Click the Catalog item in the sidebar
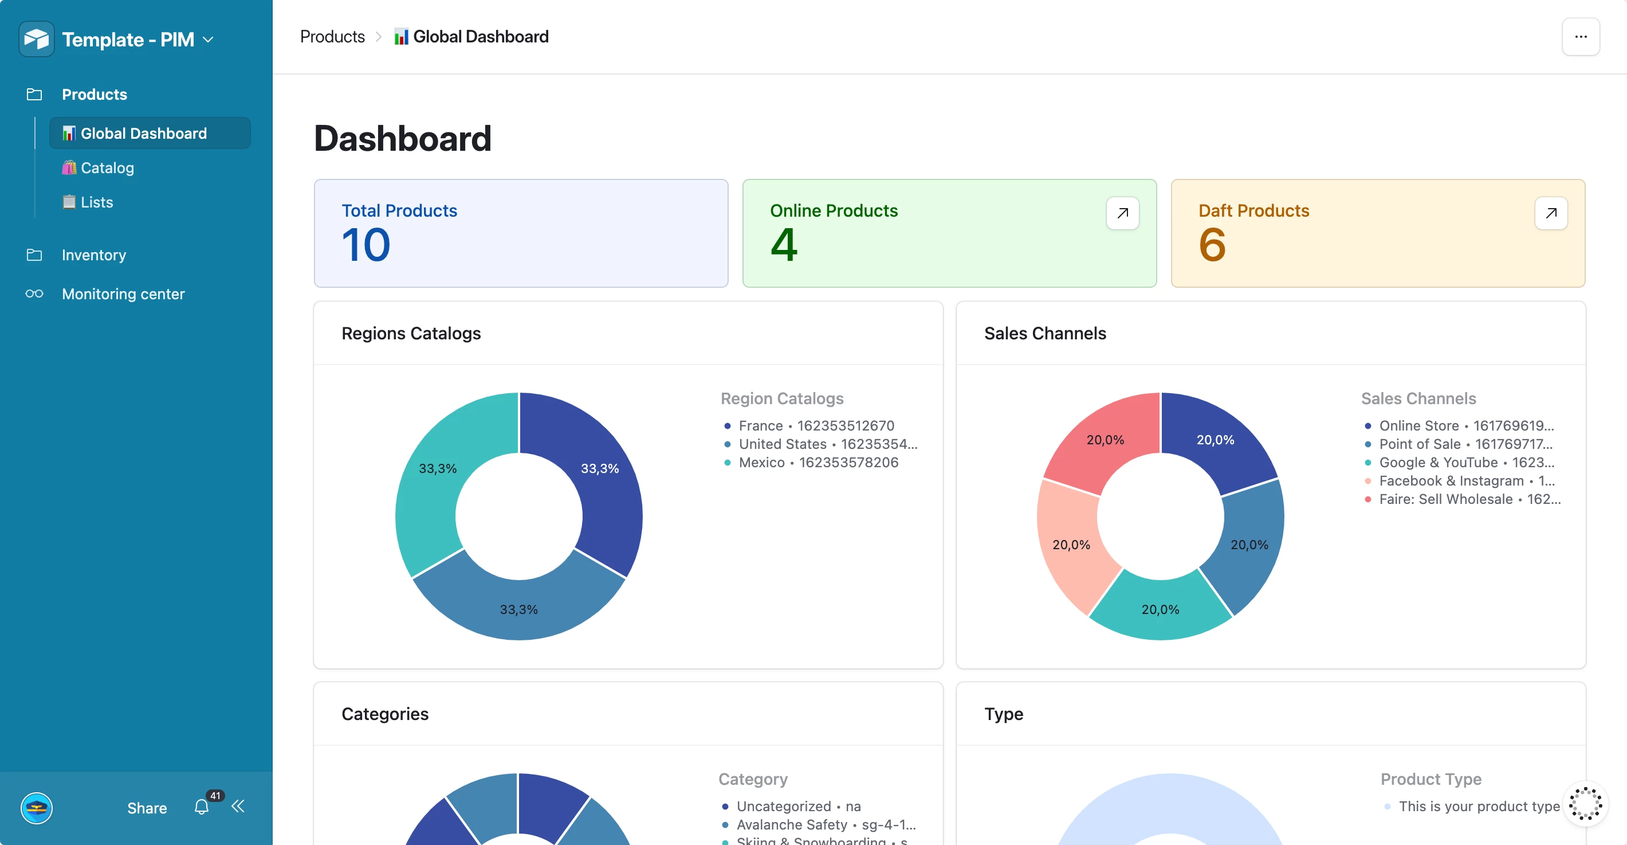107,168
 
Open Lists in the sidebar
96,202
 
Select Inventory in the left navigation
93,255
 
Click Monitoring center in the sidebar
123,295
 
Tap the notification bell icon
202,807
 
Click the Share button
147,808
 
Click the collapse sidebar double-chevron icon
238,807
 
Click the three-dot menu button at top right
1580,37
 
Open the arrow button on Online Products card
1122,213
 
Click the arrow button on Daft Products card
1551,213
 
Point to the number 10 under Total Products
366,245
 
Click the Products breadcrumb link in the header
332,37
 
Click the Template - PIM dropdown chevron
208,40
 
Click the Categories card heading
384,714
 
